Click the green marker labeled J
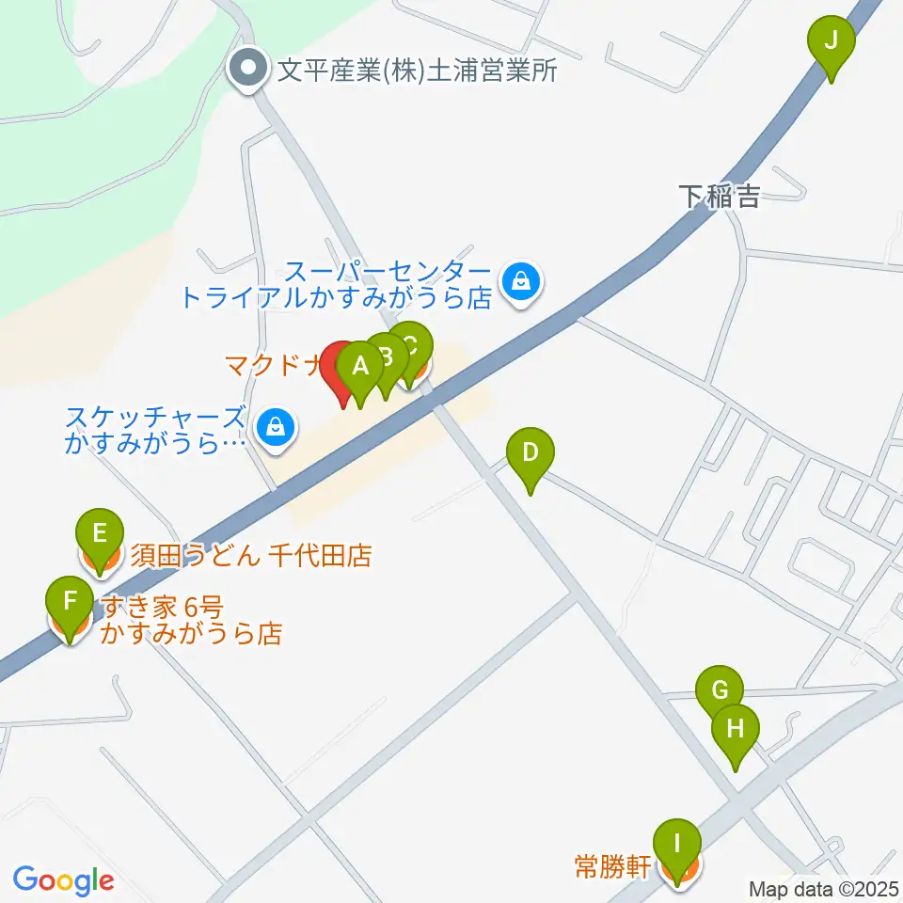click(832, 41)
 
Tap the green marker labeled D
click(531, 453)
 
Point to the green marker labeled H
click(736, 729)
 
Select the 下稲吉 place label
click(720, 197)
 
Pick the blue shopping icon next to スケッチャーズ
click(275, 426)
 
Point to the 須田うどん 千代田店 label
click(251, 556)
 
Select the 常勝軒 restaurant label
click(612, 864)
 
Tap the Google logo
click(63, 880)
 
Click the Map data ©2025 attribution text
click(824, 888)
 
